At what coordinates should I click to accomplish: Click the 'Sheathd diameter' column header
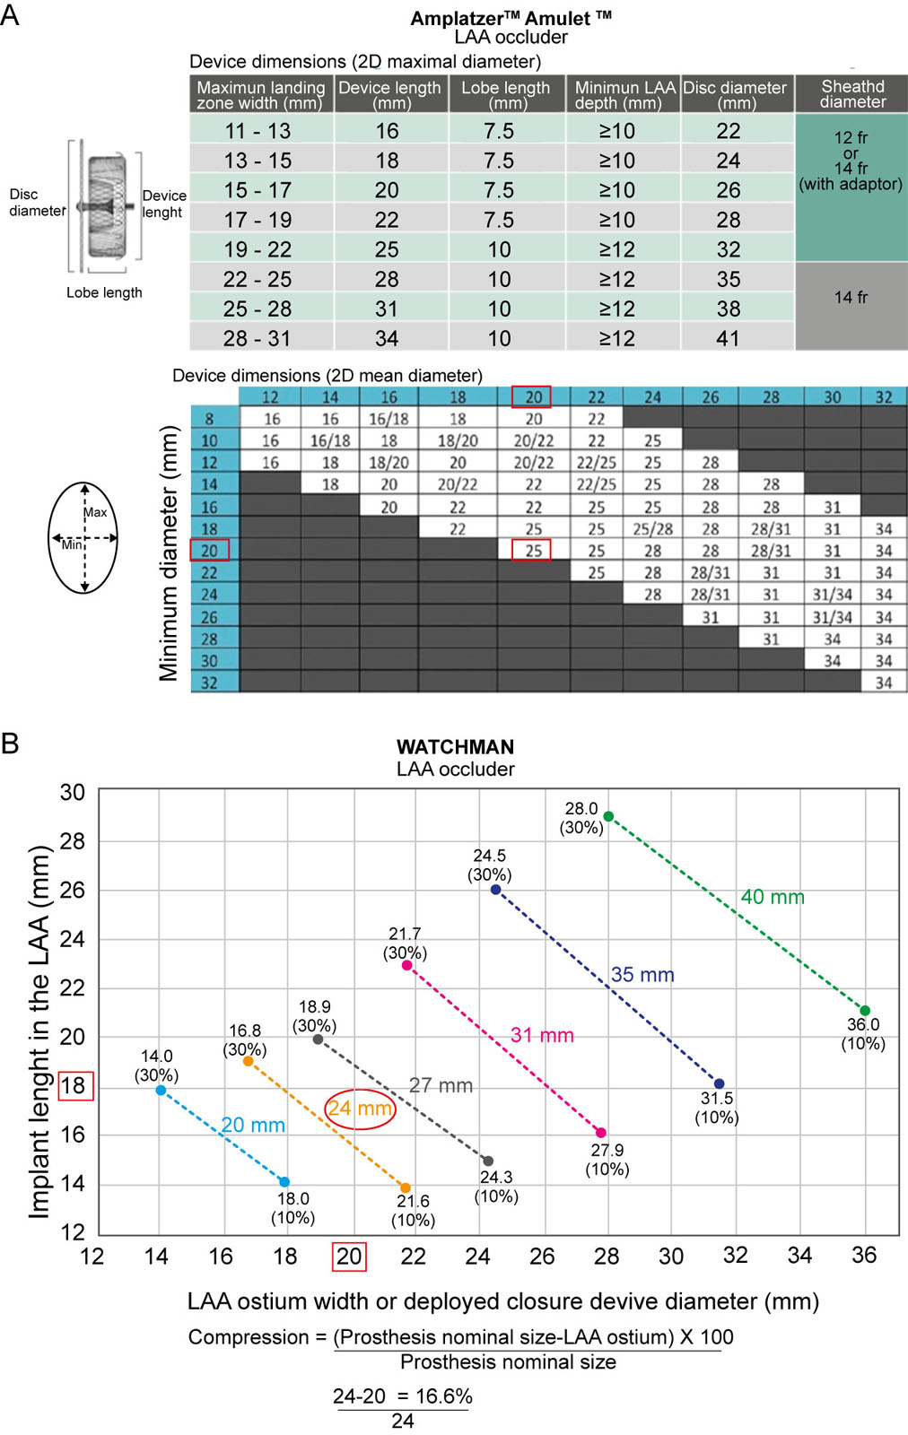point(851,94)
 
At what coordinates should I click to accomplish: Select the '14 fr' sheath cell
point(851,297)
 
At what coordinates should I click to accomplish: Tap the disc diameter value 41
point(729,338)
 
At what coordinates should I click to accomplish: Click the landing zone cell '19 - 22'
point(258,249)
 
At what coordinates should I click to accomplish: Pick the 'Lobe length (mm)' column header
point(506,94)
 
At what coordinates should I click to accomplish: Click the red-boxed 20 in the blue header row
point(531,397)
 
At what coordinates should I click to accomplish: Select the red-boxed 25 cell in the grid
point(531,550)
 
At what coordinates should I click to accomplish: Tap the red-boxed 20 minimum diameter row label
point(210,550)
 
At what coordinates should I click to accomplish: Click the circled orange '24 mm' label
point(360,1109)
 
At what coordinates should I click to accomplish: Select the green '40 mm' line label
point(773,897)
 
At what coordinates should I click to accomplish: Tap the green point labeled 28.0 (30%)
point(608,816)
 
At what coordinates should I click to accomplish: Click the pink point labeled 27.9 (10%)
point(601,1133)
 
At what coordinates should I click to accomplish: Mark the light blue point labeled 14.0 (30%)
point(161,1090)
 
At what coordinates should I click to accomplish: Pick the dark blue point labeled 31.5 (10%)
point(719,1084)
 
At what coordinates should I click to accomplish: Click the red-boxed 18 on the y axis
point(75,1086)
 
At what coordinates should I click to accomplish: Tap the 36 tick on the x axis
point(864,1255)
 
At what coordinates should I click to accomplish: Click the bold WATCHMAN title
point(455,747)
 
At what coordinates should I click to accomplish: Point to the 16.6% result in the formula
point(443,1396)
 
